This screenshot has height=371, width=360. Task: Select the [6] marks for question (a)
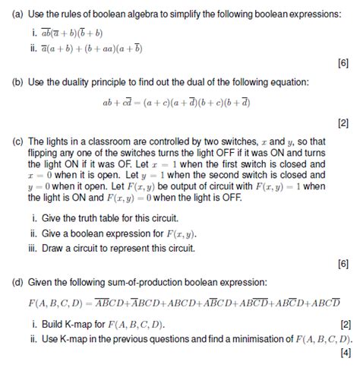(x=343, y=64)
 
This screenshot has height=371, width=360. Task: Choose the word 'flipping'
(x=46, y=152)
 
